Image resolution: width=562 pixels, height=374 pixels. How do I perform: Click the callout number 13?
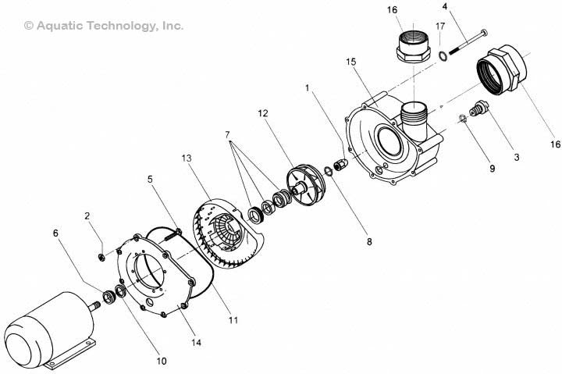[x=186, y=159]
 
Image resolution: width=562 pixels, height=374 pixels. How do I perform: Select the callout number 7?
[x=228, y=136]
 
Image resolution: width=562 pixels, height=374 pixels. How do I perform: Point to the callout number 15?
[x=352, y=60]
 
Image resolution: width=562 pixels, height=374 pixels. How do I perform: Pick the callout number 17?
[x=440, y=27]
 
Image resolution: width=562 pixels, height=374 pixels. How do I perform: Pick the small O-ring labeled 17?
[x=443, y=55]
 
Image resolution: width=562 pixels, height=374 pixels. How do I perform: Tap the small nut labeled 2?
[x=102, y=256]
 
